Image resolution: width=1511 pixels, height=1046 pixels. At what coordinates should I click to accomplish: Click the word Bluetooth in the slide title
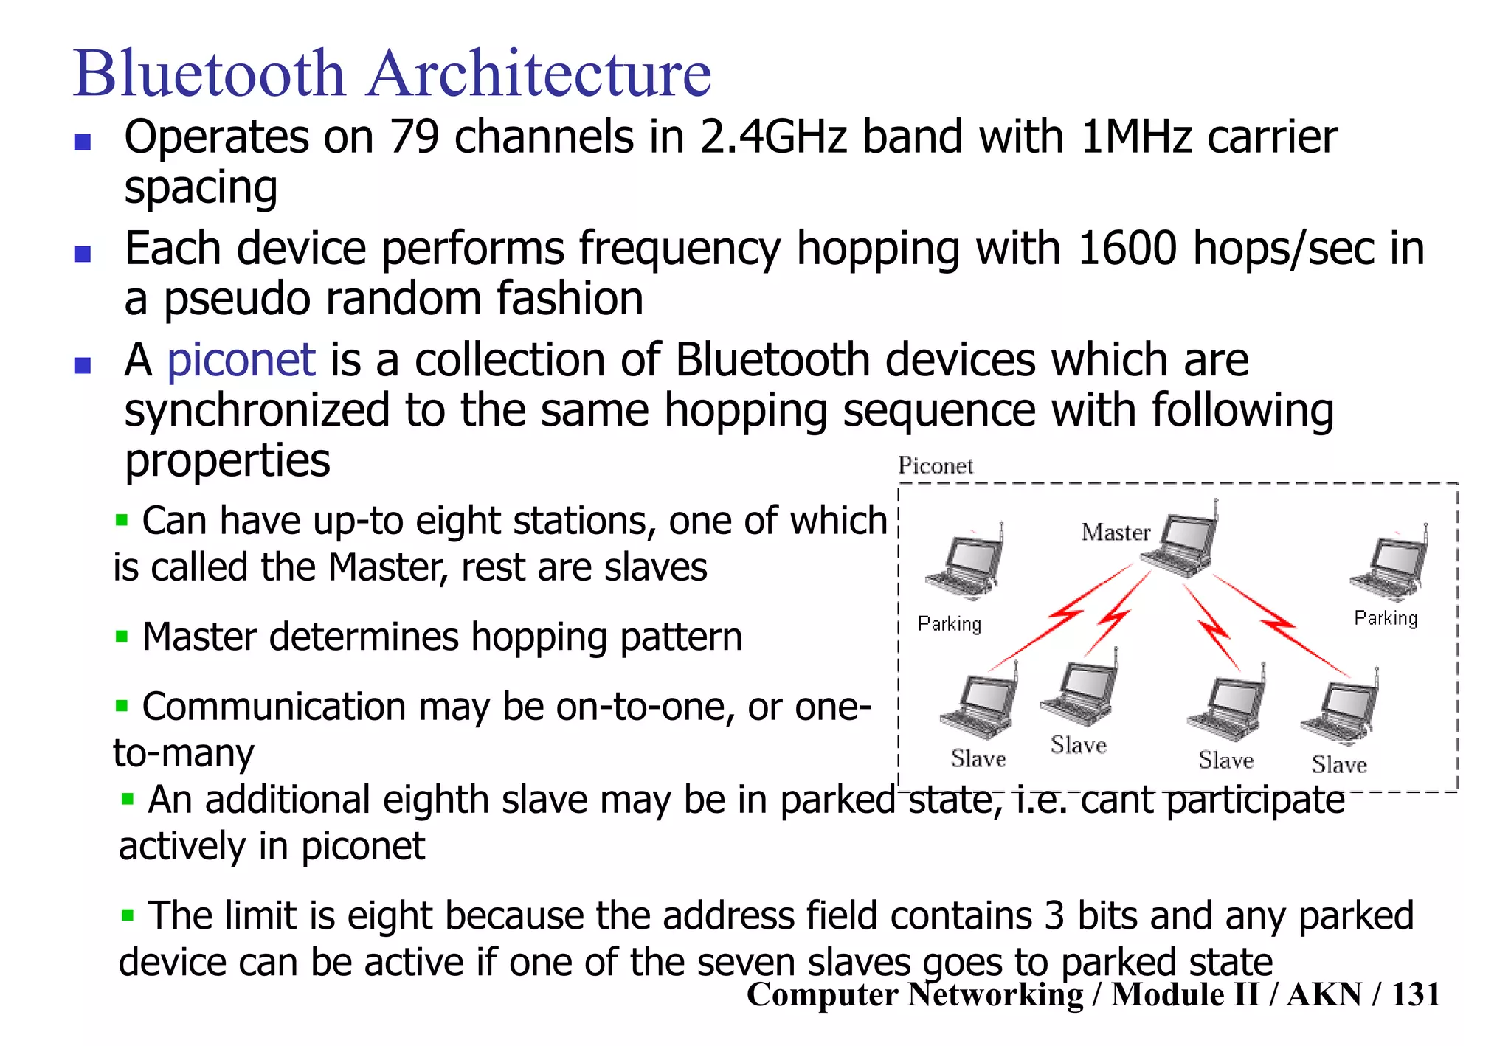210,73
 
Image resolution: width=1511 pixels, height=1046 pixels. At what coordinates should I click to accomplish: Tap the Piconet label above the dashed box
935,466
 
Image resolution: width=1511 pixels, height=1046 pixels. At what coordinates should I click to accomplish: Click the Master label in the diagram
1115,532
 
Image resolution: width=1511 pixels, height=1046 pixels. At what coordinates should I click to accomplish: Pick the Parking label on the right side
1385,618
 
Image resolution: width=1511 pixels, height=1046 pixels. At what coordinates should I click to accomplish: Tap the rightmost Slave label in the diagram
1338,765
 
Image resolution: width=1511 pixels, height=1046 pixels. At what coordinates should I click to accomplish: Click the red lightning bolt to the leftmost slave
1062,616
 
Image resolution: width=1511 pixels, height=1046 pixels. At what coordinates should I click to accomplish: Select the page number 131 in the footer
1415,994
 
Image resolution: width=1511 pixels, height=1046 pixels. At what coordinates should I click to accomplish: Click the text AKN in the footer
1324,994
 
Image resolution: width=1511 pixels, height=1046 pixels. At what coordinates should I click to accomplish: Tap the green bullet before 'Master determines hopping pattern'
122,636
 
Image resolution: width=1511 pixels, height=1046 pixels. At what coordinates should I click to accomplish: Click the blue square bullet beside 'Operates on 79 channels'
83,142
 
